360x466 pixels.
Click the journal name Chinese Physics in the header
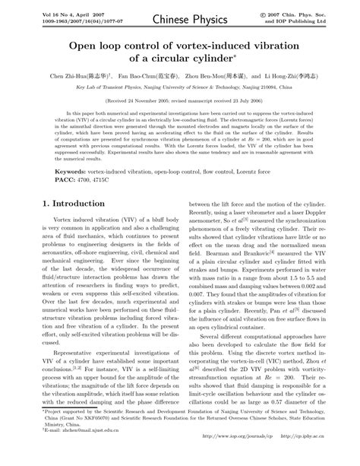[179, 17]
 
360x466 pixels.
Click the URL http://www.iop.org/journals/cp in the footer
[245, 456]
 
